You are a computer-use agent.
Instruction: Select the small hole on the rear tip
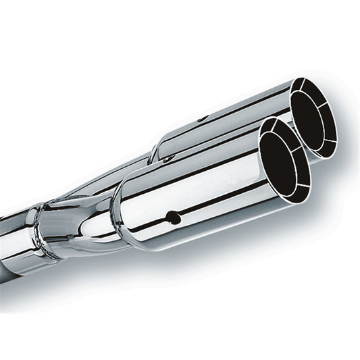click(x=201, y=119)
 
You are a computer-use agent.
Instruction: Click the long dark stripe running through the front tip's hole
click(x=203, y=209)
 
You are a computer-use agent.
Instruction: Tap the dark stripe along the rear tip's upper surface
click(x=230, y=108)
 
